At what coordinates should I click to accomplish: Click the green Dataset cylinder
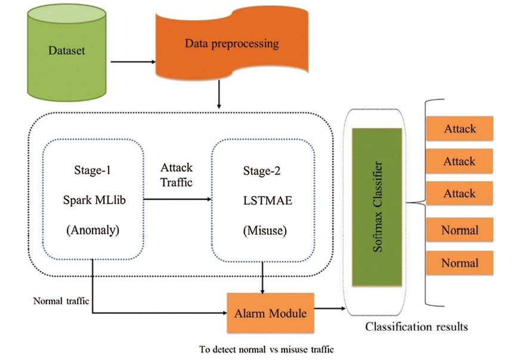[67, 54]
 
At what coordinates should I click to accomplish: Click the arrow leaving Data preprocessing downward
[220, 96]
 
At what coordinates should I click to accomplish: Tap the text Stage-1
[92, 171]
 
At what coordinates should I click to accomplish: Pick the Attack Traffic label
[177, 175]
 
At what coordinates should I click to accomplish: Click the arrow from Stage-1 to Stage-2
[177, 199]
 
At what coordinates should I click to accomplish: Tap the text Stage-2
[262, 171]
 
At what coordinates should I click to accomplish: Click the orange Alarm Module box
[271, 312]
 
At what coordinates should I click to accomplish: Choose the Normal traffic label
[61, 301]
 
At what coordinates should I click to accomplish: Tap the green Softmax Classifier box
[376, 207]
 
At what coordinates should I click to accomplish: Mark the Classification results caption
[416, 327]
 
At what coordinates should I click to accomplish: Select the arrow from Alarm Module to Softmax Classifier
[330, 309]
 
